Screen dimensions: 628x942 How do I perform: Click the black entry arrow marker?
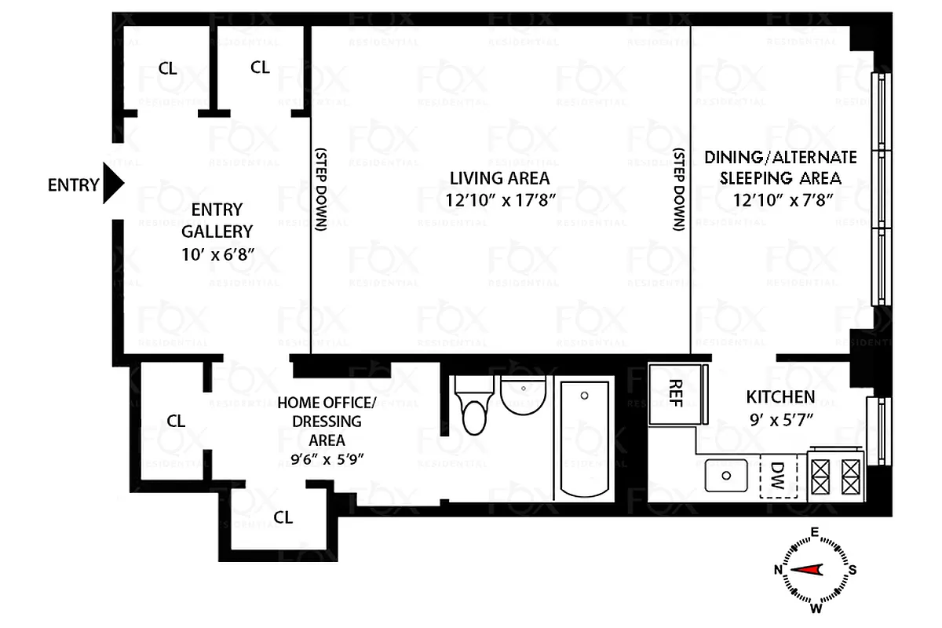114,185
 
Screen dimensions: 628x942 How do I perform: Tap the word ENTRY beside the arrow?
73,186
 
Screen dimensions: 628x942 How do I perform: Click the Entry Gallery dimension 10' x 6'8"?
217,254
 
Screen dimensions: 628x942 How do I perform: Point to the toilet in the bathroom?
474,407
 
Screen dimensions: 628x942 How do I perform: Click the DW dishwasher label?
777,475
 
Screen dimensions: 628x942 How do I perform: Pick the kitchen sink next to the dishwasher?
727,476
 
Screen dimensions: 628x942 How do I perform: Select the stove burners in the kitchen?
837,474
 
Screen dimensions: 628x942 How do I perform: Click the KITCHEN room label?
780,396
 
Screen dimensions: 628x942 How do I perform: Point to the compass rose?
816,570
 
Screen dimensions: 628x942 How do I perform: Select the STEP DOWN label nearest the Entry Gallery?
319,188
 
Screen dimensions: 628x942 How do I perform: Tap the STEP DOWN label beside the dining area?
679,188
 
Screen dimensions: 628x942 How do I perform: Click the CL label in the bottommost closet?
283,517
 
